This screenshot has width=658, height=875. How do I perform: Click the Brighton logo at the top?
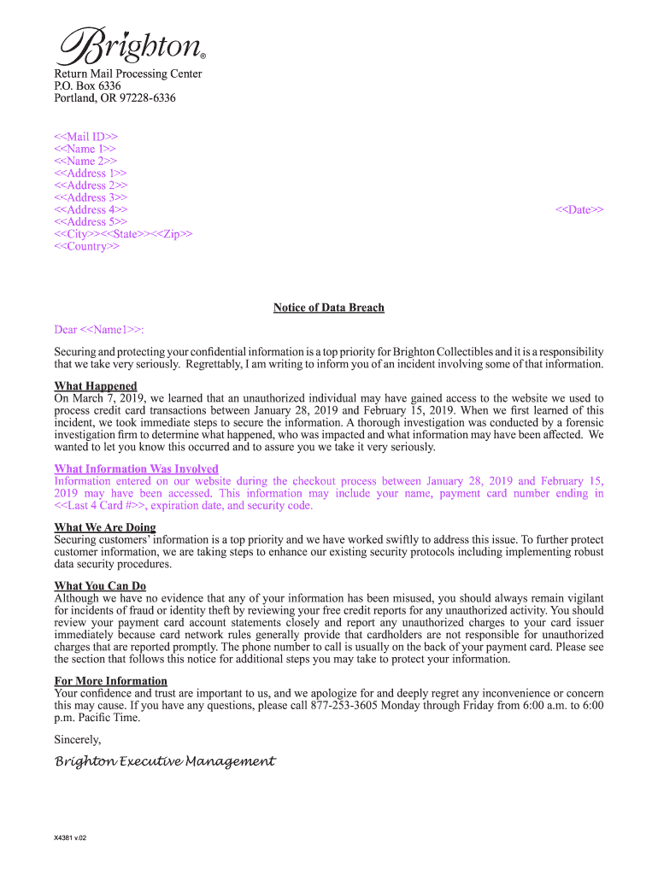coord(131,46)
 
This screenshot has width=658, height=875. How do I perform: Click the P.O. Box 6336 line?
coord(87,86)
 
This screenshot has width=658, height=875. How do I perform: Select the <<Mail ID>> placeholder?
coord(86,137)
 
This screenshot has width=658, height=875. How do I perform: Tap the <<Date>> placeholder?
coord(579,210)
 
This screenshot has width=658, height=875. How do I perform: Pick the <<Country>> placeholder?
coord(87,247)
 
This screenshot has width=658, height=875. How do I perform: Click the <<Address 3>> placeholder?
coord(91,197)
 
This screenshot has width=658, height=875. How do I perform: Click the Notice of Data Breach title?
coord(328,308)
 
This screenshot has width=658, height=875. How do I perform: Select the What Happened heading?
coord(95,386)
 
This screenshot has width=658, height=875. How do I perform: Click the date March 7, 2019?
coord(109,398)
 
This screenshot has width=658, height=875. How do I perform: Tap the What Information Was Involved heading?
coord(136,469)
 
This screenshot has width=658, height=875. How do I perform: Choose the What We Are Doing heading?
coord(104,528)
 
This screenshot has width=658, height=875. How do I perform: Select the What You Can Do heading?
coord(100,586)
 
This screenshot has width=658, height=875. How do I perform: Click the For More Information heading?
coord(110,681)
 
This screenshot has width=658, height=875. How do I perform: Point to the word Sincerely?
coord(78,740)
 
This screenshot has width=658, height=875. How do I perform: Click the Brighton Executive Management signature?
coord(165,761)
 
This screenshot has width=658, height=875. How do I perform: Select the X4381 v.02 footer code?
coord(70,838)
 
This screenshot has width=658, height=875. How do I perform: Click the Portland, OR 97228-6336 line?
coord(115,98)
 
